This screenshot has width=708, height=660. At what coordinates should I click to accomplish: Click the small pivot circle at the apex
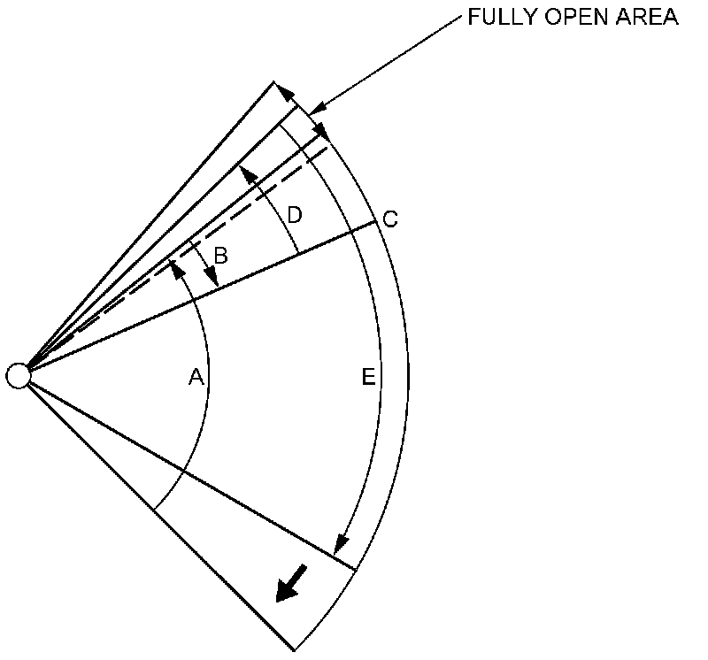coord(18,375)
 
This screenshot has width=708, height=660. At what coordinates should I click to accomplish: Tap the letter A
coord(196,378)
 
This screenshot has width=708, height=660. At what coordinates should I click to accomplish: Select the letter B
coord(221,256)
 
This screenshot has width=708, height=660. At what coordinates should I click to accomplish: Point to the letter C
coord(390,219)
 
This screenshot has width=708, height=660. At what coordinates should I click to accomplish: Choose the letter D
coord(295,215)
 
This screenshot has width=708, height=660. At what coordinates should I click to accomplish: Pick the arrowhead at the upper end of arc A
coord(175,265)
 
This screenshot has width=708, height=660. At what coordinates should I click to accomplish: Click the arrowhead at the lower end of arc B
coord(212,279)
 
